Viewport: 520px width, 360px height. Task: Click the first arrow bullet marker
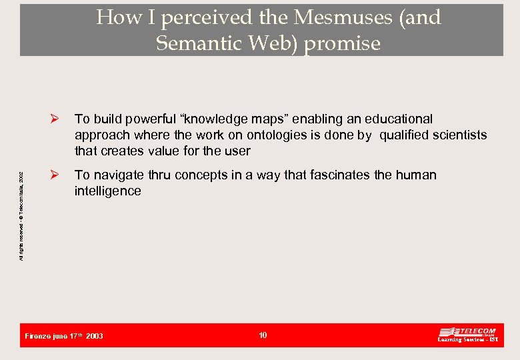tap(56, 119)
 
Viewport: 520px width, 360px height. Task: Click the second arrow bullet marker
tap(56, 175)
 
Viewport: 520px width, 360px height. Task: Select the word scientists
tap(459, 135)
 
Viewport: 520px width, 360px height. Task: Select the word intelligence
tap(108, 191)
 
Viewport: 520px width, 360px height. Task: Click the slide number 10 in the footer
tap(263, 335)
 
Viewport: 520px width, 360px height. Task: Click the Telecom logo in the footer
tap(467, 335)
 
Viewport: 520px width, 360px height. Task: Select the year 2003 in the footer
tap(95, 336)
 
